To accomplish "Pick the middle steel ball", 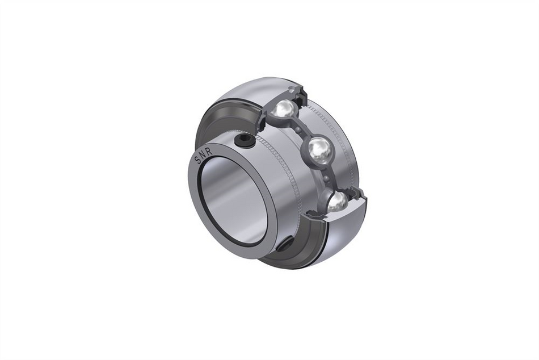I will pos(319,150).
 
